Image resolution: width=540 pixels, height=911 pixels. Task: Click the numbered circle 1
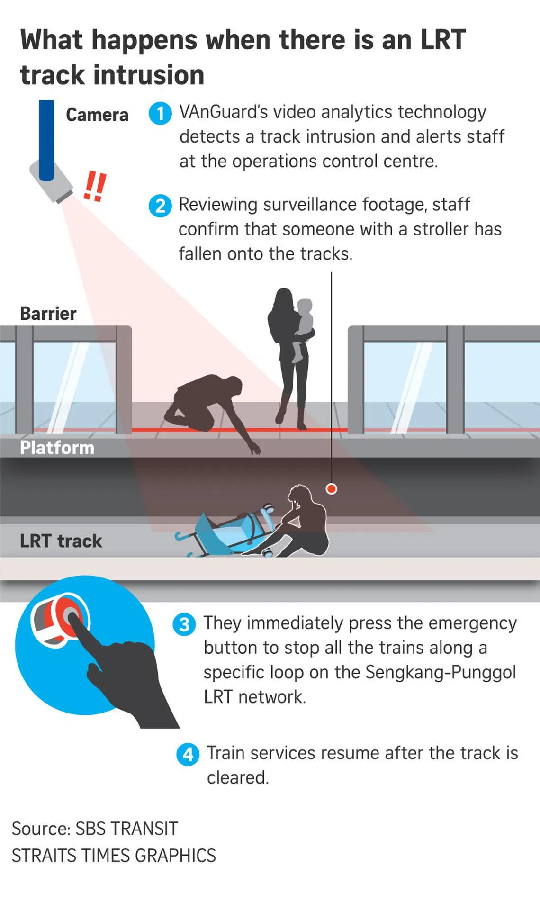[x=160, y=114]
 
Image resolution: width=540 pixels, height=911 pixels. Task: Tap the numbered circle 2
[x=160, y=206]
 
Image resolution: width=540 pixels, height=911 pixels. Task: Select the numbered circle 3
[x=184, y=624]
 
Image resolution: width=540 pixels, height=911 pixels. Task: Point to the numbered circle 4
[x=188, y=754]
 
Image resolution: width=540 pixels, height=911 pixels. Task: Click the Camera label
[x=97, y=115]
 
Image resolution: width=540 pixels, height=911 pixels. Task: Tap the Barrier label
[x=48, y=314]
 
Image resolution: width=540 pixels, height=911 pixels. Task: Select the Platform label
[x=57, y=448]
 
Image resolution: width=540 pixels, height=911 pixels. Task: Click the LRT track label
[x=61, y=541]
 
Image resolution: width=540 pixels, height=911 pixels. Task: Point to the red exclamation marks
[x=94, y=186]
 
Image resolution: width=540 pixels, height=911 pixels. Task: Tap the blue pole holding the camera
[x=46, y=140]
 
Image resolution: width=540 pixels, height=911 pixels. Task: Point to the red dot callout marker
[x=332, y=489]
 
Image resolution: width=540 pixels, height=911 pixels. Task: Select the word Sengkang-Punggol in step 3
[x=441, y=673]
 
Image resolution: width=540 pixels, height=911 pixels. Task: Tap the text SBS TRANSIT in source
[x=126, y=829]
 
